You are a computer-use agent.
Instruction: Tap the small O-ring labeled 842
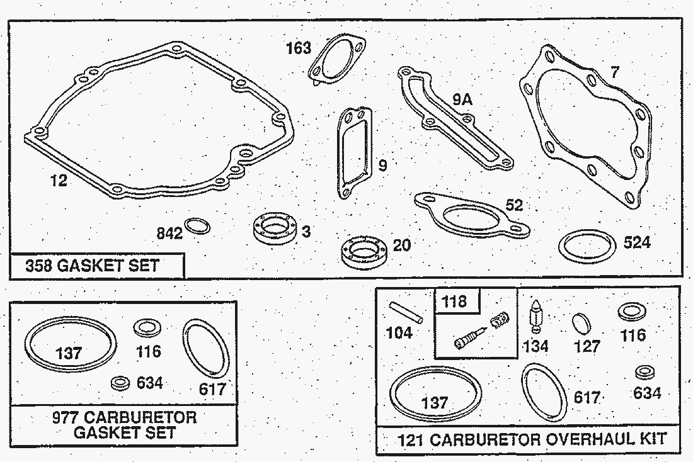[198, 227]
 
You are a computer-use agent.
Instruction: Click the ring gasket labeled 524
[587, 245]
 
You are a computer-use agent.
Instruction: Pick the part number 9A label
[462, 99]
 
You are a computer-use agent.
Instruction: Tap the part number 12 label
[59, 182]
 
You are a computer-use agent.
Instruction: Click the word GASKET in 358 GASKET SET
[89, 266]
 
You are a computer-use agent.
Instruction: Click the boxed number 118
[455, 301]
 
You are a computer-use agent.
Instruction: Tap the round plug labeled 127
[583, 324]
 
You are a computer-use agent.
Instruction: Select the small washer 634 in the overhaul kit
[644, 372]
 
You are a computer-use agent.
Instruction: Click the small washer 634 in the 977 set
[119, 382]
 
